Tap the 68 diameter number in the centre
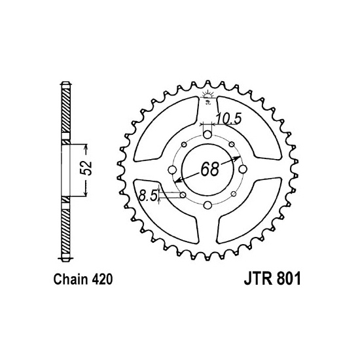tap(209, 170)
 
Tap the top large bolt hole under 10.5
tap(207, 135)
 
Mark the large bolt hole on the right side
tap(242, 170)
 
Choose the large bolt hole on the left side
tap(171, 170)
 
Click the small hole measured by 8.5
tap(182, 195)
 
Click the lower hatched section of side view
tap(65, 229)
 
